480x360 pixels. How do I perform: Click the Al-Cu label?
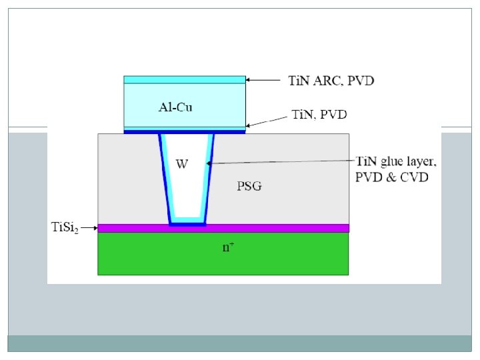(x=175, y=107)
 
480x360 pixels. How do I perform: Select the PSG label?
(x=249, y=186)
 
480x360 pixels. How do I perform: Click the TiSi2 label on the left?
(x=65, y=227)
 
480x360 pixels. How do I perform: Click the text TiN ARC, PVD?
(x=331, y=81)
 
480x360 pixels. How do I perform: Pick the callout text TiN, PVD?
(x=320, y=115)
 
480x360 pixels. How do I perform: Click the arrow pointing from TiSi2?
(x=89, y=227)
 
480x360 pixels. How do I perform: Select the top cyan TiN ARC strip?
(x=185, y=79)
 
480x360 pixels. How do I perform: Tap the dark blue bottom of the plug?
(x=187, y=223)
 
